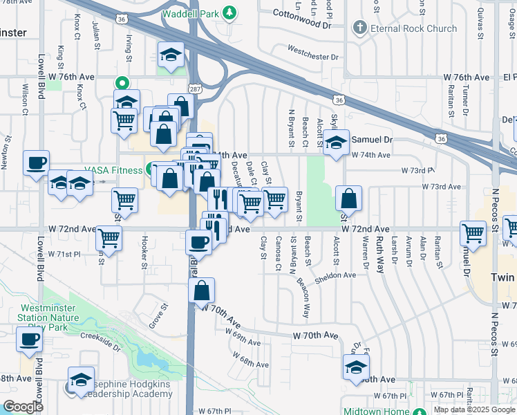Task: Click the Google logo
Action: pyautogui.click(x=23, y=407)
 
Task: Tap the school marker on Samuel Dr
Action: pyautogui.click(x=336, y=143)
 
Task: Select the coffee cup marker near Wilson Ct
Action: pyautogui.click(x=36, y=163)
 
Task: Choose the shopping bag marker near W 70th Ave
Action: pyautogui.click(x=201, y=290)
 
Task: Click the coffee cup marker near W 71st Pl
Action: pyautogui.click(x=198, y=242)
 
